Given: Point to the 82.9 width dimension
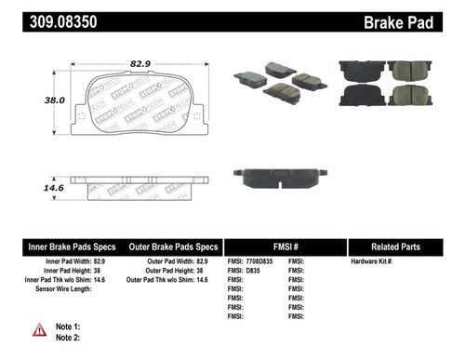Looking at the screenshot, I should tap(140, 62).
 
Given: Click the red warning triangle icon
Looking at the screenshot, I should tap(40, 330).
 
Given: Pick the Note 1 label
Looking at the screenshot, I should tap(69, 327).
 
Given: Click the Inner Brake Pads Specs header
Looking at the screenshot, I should tap(72, 247).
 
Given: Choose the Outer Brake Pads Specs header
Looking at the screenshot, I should tap(173, 247).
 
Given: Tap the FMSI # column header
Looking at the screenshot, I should tap(284, 247).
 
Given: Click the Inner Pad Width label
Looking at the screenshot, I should tap(57, 263).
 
